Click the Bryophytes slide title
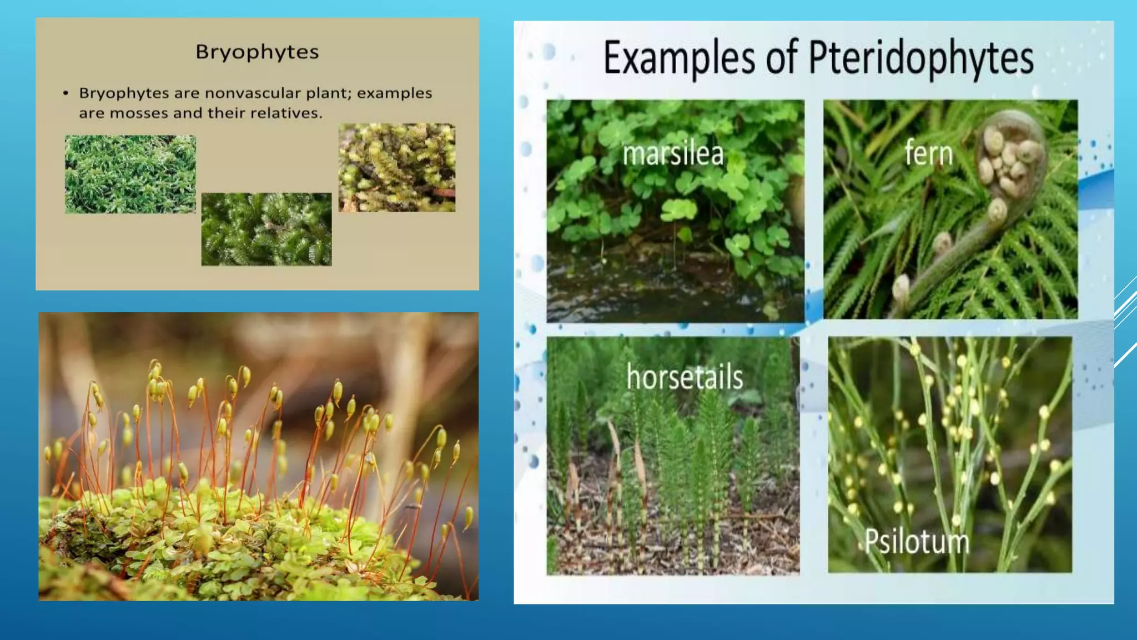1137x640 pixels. coord(257,52)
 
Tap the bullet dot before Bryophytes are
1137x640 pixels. coord(66,93)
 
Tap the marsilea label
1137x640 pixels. coord(673,154)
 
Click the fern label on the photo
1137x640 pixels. coord(928,153)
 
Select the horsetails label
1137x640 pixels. coord(684,377)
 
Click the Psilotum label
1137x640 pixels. coord(917,541)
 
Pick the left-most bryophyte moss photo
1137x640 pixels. coord(130,174)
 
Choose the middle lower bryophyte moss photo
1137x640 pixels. coord(266,229)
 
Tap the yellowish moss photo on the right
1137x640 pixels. coord(396,167)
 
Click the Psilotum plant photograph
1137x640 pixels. coord(949,444)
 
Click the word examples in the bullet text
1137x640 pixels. coord(394,93)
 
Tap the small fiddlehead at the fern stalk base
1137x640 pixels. coord(900,287)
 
